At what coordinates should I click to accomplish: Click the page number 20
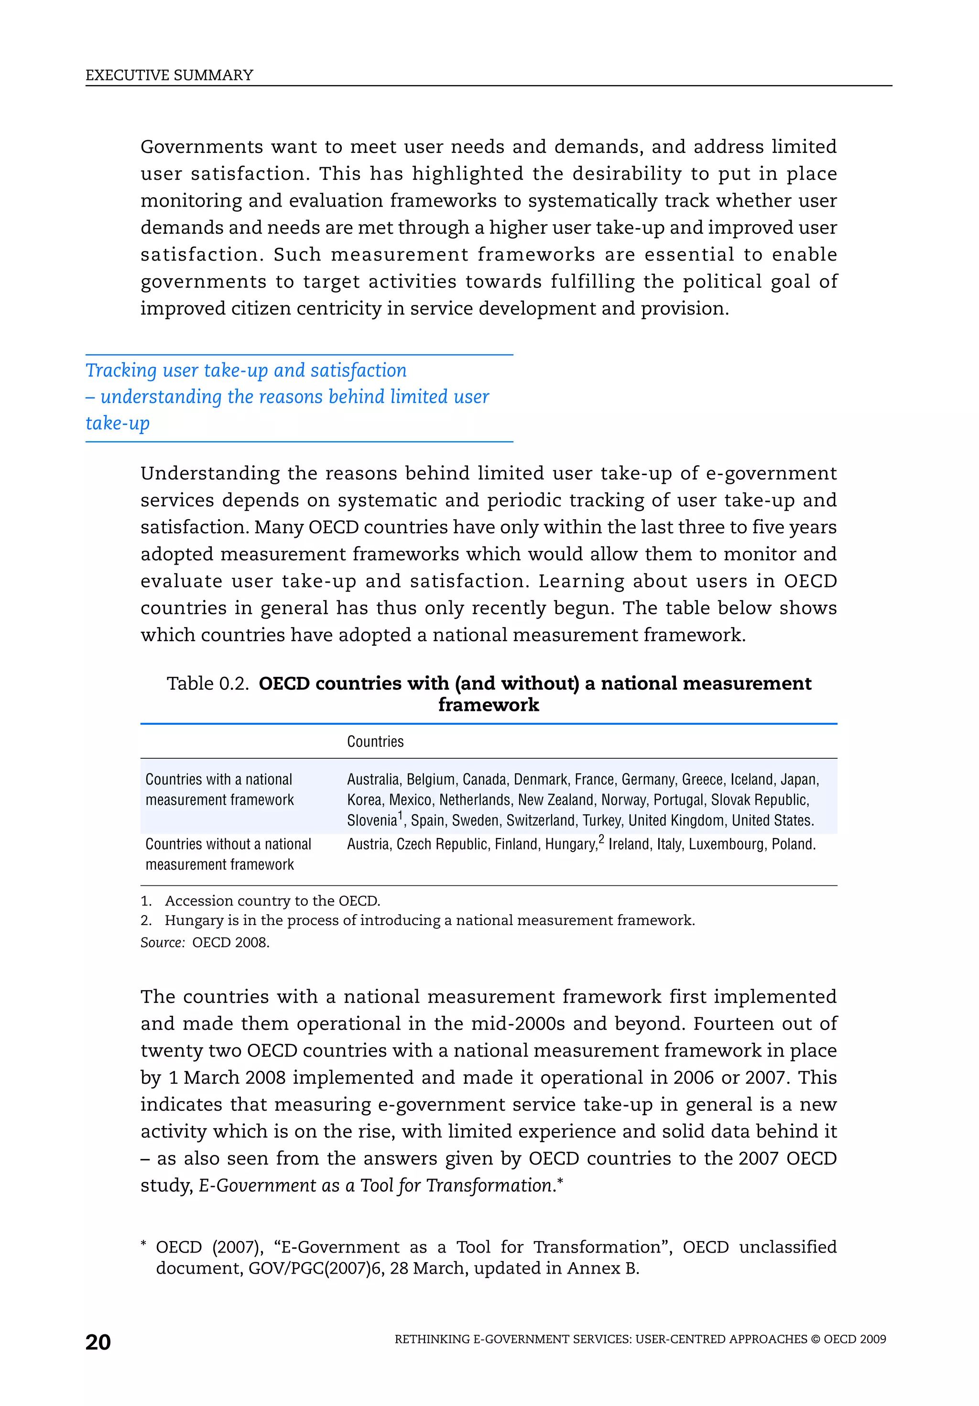[98, 1342]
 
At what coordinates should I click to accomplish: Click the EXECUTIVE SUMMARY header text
[169, 76]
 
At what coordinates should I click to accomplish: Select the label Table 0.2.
[207, 684]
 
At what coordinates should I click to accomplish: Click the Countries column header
[375, 741]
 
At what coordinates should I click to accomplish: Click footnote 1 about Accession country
[272, 901]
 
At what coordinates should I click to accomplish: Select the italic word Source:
[162, 942]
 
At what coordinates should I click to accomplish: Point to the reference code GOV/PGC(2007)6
[316, 1268]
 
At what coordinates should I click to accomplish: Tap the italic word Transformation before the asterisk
[489, 1186]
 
